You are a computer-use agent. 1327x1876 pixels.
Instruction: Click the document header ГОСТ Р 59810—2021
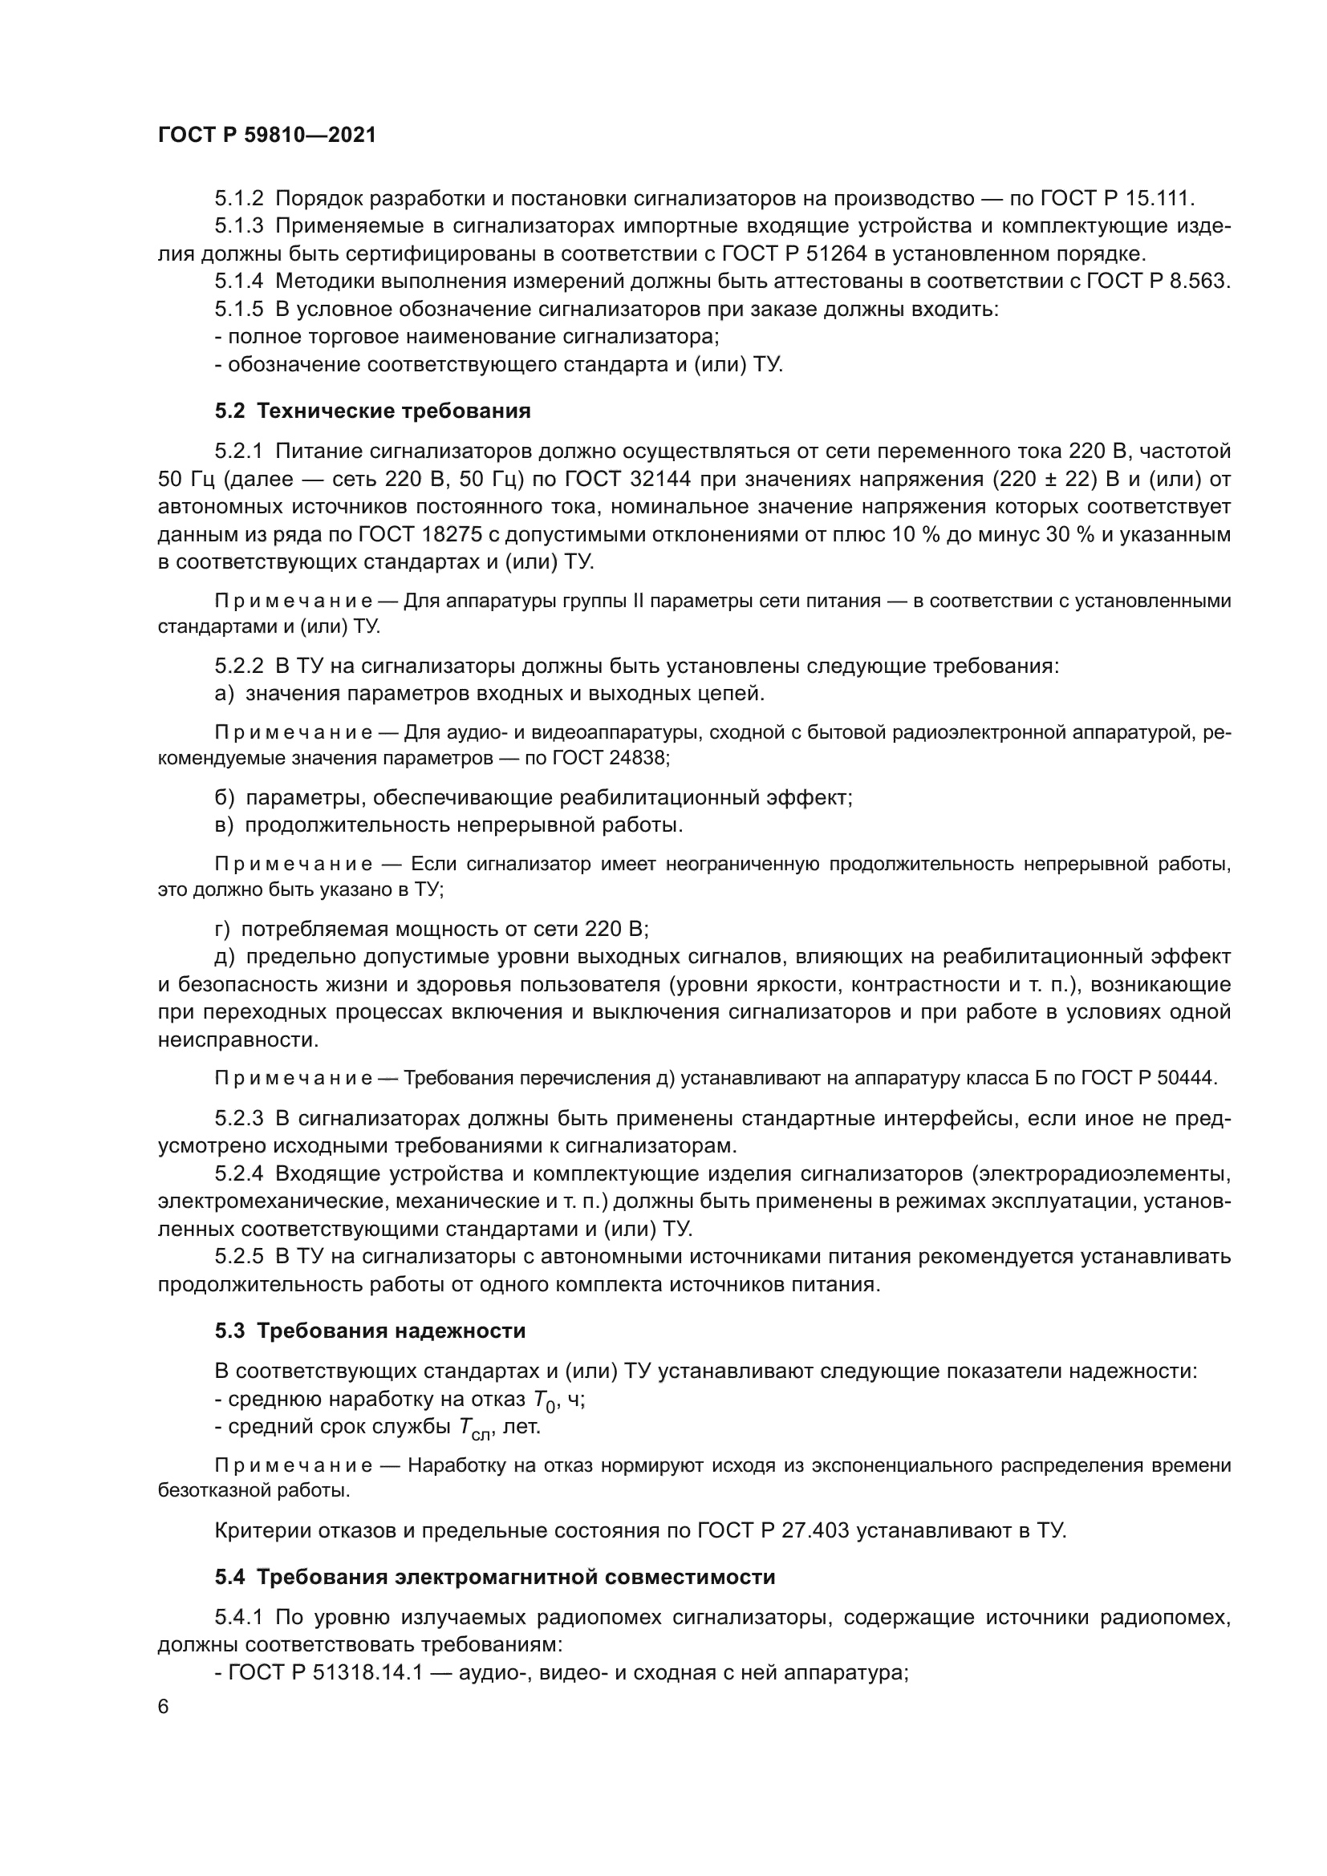266,136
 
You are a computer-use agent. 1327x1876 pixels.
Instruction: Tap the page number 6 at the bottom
164,1730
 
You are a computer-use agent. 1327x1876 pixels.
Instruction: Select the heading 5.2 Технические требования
372,411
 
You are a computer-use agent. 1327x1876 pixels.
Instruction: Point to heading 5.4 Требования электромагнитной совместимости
494,1577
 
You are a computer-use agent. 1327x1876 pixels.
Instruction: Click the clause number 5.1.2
238,199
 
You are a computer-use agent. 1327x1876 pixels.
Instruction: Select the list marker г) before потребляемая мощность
223,929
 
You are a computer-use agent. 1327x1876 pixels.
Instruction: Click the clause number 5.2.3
238,1119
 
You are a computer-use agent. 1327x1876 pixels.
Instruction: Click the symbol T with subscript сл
473,1429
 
